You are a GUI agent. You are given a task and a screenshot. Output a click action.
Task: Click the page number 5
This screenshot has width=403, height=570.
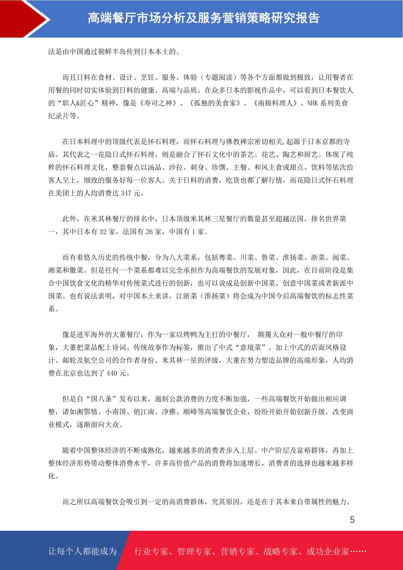(x=352, y=520)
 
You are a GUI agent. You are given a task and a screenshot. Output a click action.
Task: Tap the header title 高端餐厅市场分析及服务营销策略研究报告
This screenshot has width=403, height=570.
(x=203, y=18)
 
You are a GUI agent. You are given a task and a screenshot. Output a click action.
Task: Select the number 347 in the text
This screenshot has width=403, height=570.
(x=126, y=193)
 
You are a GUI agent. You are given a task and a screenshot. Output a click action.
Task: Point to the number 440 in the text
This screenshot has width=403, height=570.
(x=112, y=373)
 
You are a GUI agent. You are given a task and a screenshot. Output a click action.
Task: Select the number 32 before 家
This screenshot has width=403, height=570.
(x=103, y=232)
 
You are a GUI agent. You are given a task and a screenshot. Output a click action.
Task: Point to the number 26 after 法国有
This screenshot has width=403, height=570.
(x=149, y=232)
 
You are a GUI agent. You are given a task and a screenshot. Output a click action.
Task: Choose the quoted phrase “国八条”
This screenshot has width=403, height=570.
(x=101, y=399)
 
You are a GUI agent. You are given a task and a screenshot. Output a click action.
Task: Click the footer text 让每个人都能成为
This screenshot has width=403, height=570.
(x=83, y=551)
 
